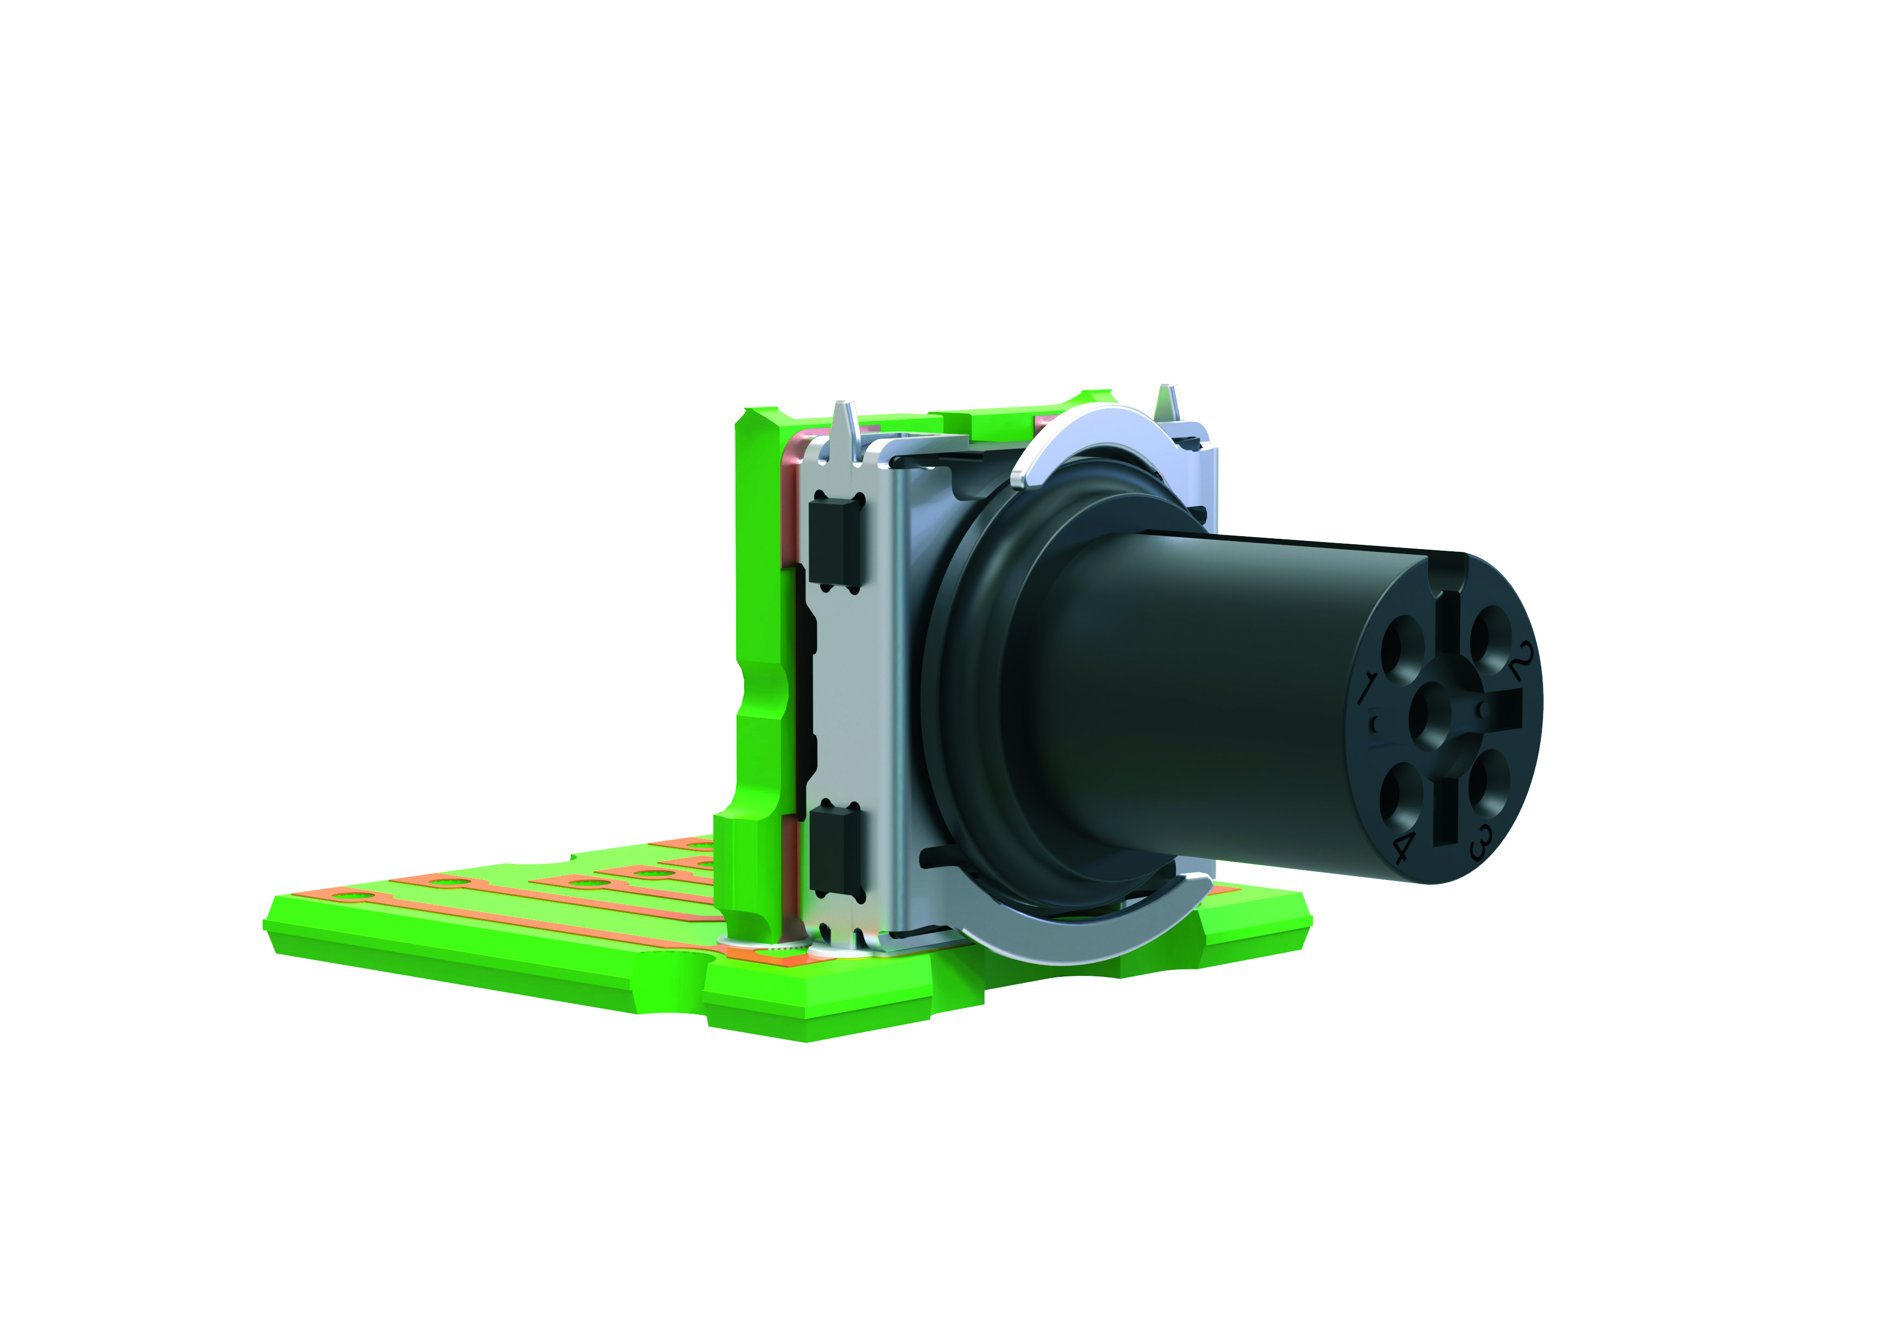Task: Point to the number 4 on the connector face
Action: pos(1404,847)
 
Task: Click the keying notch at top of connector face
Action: pos(1448,572)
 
